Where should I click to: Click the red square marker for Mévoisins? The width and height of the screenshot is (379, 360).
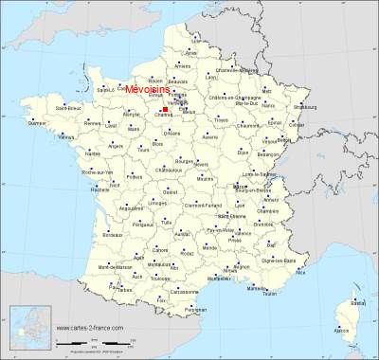(x=165, y=109)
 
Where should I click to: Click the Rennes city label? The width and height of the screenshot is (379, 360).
(x=91, y=124)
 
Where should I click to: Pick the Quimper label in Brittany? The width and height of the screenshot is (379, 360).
(x=37, y=123)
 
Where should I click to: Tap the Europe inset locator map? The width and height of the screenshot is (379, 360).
(x=27, y=332)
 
